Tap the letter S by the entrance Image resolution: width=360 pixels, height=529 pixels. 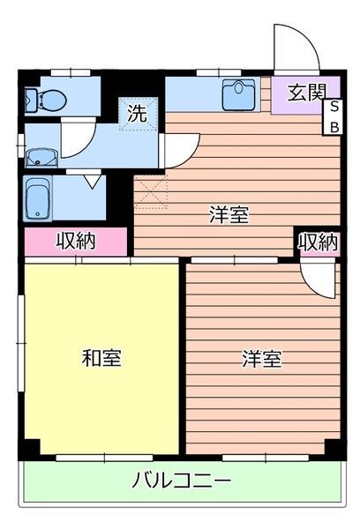coord(334,108)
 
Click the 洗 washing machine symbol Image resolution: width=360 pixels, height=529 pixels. coord(137,113)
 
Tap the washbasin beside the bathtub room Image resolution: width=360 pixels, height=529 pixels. coord(40,158)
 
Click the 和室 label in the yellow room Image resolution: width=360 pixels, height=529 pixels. coord(101,358)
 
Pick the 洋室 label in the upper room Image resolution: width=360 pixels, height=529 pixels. coord(229,214)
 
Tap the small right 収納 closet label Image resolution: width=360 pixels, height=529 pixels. coord(317,242)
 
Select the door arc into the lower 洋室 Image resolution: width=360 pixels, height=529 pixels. coord(313,278)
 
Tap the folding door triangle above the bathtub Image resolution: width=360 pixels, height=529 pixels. coord(91,182)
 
